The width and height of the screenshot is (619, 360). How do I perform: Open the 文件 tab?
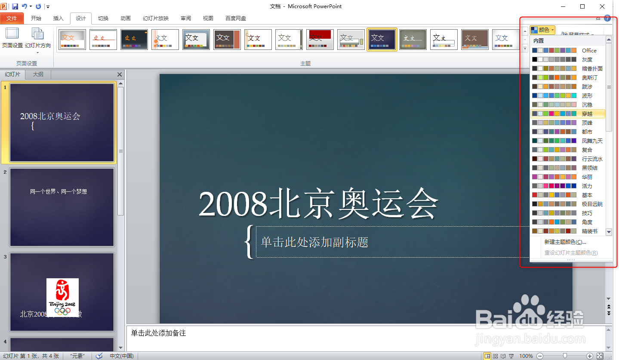point(12,18)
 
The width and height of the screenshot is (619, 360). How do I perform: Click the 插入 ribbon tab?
point(58,18)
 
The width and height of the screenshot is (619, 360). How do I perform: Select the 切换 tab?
point(103,18)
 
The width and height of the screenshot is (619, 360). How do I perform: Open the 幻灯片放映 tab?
point(156,18)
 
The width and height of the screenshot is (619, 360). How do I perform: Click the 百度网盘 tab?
point(236,18)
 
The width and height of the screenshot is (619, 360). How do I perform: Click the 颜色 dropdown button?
point(542,30)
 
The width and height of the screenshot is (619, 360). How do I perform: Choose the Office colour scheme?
point(568,51)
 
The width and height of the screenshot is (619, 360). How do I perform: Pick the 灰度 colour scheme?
point(568,60)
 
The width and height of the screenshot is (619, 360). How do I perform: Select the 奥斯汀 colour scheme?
point(568,78)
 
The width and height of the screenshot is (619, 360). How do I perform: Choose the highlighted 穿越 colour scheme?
point(568,114)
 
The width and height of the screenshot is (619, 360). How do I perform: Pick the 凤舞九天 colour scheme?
point(568,141)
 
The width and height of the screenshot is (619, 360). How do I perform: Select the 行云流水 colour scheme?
point(568,159)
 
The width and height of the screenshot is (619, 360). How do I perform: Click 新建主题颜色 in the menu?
point(565,242)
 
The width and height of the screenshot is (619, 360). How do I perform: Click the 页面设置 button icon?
point(12,34)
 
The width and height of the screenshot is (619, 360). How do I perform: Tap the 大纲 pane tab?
point(38,74)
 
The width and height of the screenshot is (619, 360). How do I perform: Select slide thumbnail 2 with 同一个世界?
point(62,207)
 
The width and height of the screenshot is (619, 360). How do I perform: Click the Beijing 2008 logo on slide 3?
point(62,297)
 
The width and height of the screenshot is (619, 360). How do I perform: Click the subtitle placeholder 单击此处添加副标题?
point(314,242)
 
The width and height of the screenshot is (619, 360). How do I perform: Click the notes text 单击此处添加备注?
point(158,333)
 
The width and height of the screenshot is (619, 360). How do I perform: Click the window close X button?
point(602,6)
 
